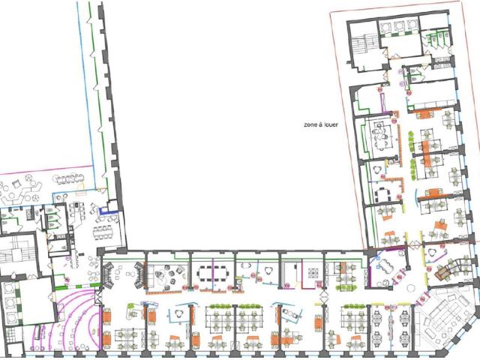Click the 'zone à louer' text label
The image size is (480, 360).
(321, 124)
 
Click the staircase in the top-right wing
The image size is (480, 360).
(364, 44)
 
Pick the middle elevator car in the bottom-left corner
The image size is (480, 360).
(9, 302)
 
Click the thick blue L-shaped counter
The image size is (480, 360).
(108, 211)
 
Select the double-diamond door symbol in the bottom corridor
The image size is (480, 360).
(324, 296)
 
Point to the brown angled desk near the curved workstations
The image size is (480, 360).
(442, 272)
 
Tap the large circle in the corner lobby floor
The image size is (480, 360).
(410, 288)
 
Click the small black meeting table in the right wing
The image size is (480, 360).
(382, 194)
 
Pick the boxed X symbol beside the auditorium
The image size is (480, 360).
(98, 296)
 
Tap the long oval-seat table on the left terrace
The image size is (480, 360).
(70, 178)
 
